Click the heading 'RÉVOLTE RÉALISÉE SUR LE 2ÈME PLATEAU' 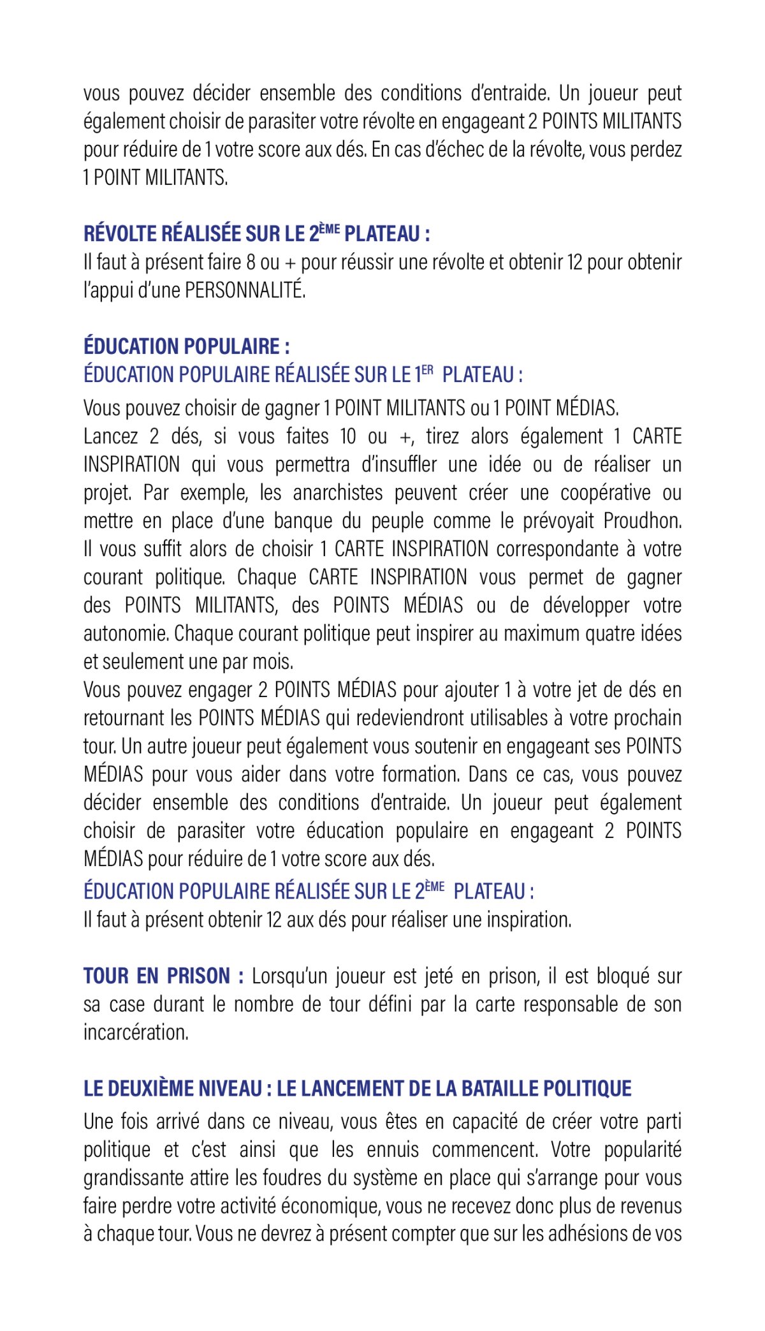tap(256, 234)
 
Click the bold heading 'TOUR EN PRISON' tap(163, 976)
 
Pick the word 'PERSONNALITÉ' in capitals tap(245, 291)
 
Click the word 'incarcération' tap(136, 1033)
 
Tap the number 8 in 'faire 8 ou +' tap(251, 263)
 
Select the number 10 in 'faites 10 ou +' tap(348, 437)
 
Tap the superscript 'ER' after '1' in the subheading tap(427, 371)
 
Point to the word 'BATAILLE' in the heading tap(502, 1089)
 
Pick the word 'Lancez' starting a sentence tap(111, 437)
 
